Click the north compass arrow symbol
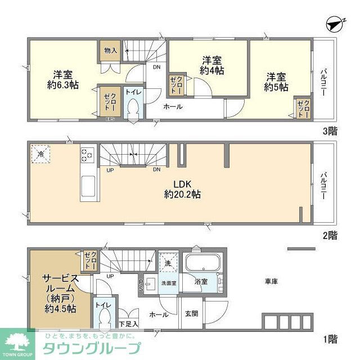[336, 24]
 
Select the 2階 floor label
[330, 236]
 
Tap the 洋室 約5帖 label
[276, 82]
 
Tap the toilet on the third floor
[134, 108]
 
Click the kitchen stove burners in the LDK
[88, 154]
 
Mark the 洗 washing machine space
[167, 262]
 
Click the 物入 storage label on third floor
[110, 51]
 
